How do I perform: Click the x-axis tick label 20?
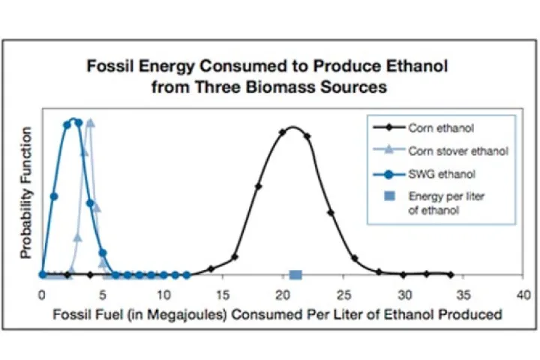pyautogui.click(x=283, y=295)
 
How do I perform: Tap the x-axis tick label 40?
pyautogui.click(x=523, y=295)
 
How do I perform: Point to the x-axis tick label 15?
pyautogui.click(x=223, y=295)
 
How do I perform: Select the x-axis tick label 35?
pyautogui.click(x=463, y=295)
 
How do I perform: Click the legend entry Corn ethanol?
pyautogui.click(x=441, y=128)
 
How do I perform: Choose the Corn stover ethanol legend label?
pyautogui.click(x=458, y=151)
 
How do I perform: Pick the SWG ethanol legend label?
pyautogui.click(x=442, y=174)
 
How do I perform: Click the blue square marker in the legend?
pyautogui.click(x=389, y=196)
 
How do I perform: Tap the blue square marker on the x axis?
pyautogui.click(x=295, y=275)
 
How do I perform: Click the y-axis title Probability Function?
pyautogui.click(x=26, y=193)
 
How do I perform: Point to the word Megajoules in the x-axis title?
pyautogui.click(x=187, y=315)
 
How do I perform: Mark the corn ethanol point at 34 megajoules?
pyautogui.click(x=451, y=275)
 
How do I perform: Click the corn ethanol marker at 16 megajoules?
pyautogui.click(x=235, y=257)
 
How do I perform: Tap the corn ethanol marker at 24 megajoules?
pyautogui.click(x=331, y=213)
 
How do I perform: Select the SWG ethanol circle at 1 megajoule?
pyautogui.click(x=54, y=196)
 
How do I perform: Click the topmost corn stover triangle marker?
pyautogui.click(x=90, y=122)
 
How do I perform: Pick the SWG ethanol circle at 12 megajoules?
pyautogui.click(x=187, y=275)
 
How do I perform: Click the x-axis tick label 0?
pyautogui.click(x=42, y=295)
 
